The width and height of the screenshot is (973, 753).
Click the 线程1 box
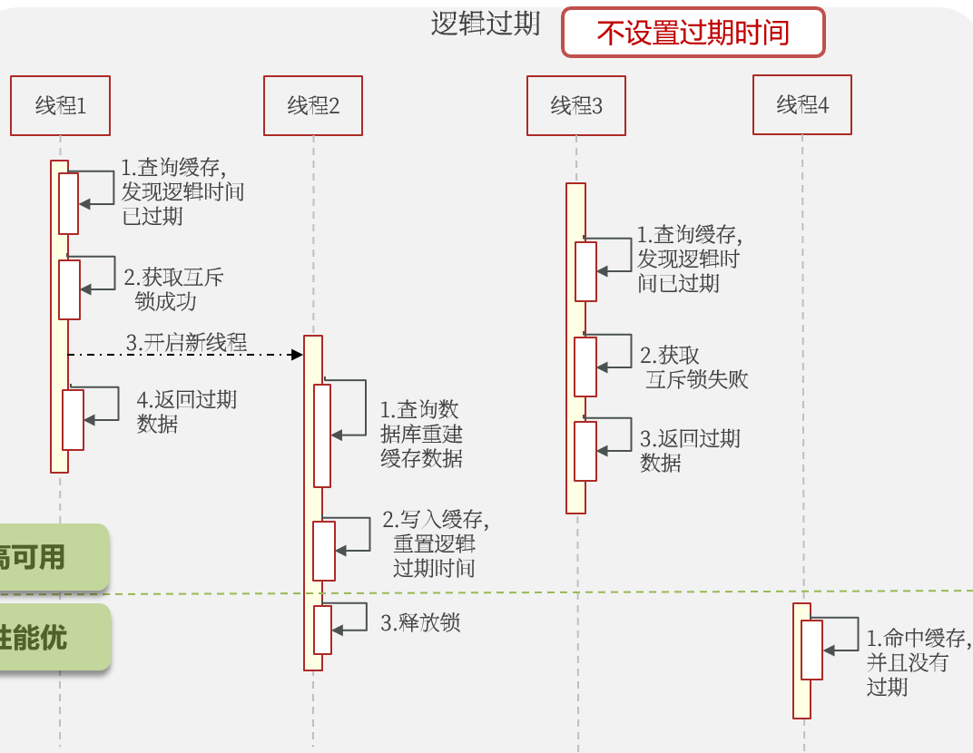tap(61, 106)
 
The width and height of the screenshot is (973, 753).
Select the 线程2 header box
tap(313, 106)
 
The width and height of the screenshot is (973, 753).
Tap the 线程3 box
tap(576, 106)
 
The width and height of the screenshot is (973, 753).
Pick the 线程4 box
tap(802, 104)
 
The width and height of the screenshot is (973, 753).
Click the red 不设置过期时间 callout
tap(693, 33)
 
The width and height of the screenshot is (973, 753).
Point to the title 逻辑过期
tap(486, 24)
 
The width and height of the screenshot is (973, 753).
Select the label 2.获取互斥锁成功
tap(172, 289)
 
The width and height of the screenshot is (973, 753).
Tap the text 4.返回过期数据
tap(185, 411)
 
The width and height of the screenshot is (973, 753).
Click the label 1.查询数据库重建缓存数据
tap(421, 434)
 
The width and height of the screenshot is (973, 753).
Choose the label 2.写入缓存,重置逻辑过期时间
tap(436, 543)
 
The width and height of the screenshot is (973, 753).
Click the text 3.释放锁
tap(420, 622)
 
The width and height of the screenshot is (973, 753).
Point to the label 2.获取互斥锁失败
tap(694, 367)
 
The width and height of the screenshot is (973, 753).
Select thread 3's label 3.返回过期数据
tap(689, 450)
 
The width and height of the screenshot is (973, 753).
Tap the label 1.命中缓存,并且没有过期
tap(918, 661)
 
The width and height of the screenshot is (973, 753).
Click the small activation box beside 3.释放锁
tap(323, 630)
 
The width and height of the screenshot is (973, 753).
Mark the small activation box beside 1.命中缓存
tap(811, 650)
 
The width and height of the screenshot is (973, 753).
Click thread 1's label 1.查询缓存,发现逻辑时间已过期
tap(182, 191)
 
